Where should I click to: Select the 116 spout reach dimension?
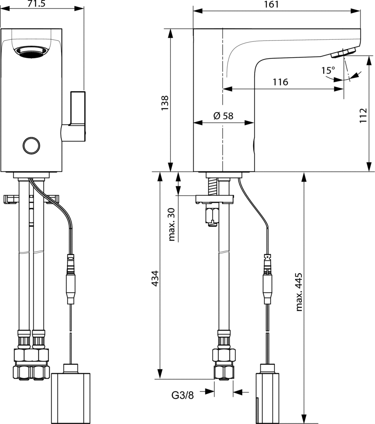280,82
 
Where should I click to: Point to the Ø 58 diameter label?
224,116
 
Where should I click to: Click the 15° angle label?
328,70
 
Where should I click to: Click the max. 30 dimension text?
173,224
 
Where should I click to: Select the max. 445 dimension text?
299,292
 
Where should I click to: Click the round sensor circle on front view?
31,145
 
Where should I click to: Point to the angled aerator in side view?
344,53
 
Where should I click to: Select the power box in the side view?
267,393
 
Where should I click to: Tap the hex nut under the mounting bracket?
212,215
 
